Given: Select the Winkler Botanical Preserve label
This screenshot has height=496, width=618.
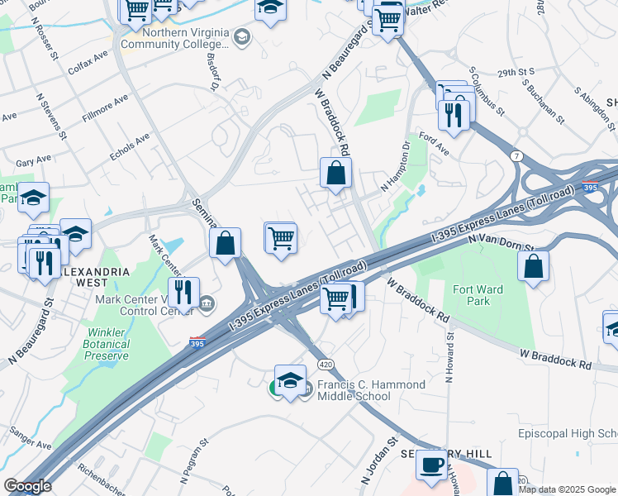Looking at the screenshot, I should pos(106,344).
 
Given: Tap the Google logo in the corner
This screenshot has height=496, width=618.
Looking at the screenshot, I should pos(26,486).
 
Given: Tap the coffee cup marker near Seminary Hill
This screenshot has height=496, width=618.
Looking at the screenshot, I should pos(430,465).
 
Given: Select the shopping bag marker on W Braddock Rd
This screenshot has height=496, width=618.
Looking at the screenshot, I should pos(335,174).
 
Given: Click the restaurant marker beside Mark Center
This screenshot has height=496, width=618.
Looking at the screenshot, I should pos(183,292).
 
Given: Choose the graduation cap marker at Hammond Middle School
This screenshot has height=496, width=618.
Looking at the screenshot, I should pos(290,380).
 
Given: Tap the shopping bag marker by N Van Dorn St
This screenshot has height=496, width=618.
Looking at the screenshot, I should pos(534,266).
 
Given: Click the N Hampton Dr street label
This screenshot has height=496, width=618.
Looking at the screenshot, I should pos(395,168).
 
